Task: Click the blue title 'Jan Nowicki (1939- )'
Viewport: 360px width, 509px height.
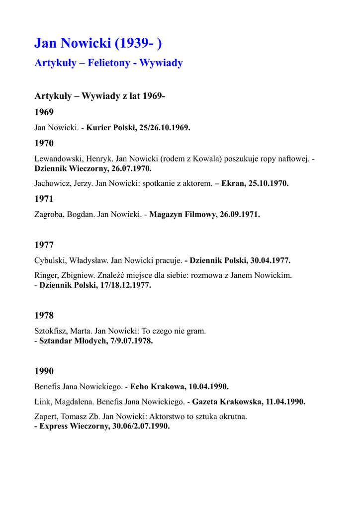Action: click(x=98, y=43)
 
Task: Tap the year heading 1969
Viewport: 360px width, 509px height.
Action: click(x=44, y=112)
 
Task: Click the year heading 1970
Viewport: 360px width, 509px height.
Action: click(x=44, y=143)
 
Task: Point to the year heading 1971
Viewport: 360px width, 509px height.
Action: click(x=44, y=199)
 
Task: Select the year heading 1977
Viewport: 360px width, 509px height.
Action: click(x=44, y=245)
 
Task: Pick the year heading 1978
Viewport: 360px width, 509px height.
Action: click(x=44, y=315)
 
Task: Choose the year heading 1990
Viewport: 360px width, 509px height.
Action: click(x=44, y=371)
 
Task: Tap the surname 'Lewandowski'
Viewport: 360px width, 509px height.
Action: click(x=57, y=159)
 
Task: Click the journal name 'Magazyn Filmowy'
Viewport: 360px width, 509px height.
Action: click(x=181, y=214)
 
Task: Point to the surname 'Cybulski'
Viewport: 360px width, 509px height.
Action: click(x=50, y=260)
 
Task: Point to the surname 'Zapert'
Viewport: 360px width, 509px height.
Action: click(x=47, y=417)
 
